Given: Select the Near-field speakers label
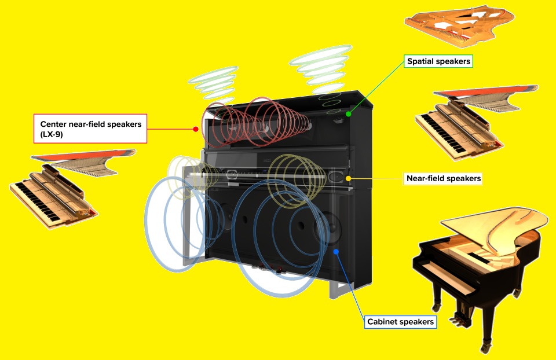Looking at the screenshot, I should pos(443,179).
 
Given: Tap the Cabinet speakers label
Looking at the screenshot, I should pos(400,322).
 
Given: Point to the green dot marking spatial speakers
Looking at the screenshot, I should pos(349,114).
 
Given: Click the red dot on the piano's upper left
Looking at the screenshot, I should pos(196,128).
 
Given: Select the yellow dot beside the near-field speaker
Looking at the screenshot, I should pos(348,178).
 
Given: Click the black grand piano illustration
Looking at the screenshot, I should pos(475,266).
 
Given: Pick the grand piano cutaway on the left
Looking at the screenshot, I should pos(64,185).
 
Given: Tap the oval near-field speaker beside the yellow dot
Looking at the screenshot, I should pos(335,176).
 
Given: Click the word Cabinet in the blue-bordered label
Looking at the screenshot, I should pos(383,322).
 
